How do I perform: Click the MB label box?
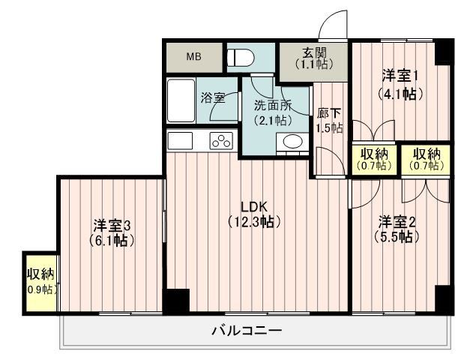[194, 56]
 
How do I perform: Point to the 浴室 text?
[213, 97]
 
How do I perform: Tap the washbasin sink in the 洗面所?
[292, 142]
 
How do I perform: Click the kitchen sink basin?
[181, 140]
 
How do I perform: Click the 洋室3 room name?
[112, 224]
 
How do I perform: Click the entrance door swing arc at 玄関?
[331, 24]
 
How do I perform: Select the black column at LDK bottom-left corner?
[177, 300]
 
